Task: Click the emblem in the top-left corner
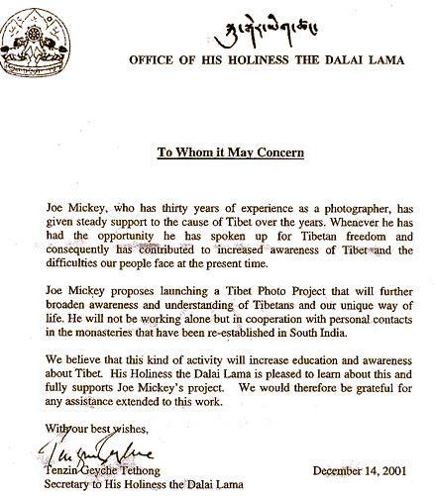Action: pos(35,38)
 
